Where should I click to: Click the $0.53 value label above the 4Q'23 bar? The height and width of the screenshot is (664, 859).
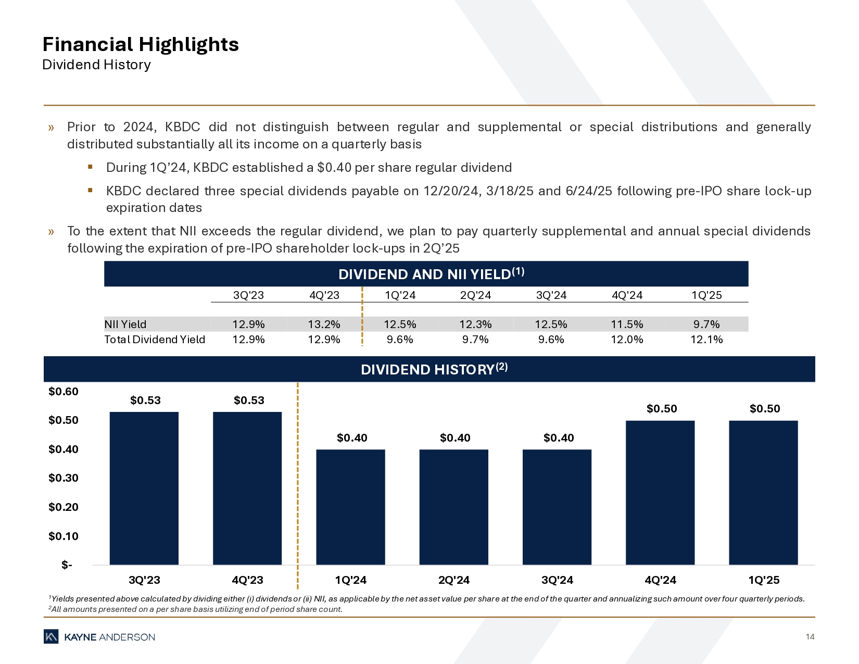click(249, 400)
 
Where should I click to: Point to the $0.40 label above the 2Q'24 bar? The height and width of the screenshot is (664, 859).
click(455, 437)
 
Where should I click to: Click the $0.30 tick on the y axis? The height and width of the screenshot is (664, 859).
click(64, 478)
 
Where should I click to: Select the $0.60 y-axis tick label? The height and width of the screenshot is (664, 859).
click(64, 391)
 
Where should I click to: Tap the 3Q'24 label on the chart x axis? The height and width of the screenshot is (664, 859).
click(557, 580)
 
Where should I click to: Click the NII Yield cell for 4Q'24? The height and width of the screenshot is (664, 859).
click(627, 324)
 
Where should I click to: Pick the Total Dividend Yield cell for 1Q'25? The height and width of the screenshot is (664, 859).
click(706, 340)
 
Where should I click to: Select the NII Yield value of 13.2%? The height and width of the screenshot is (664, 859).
click(324, 324)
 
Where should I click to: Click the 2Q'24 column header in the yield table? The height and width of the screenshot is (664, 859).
click(475, 295)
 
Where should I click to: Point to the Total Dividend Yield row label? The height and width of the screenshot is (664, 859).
click(155, 340)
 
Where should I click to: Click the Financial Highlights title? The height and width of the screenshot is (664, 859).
click(141, 44)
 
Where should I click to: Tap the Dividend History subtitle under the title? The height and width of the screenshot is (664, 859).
click(96, 65)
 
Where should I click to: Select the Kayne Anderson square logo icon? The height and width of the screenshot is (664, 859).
click(51, 636)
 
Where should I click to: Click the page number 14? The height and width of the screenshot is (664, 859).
click(810, 636)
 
